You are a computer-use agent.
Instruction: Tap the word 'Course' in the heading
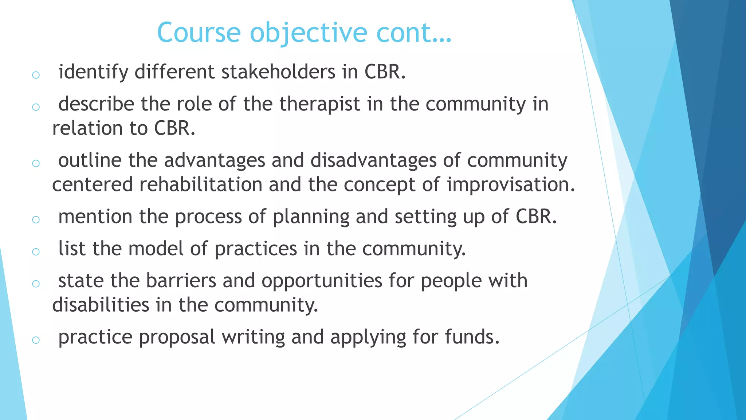(x=199, y=33)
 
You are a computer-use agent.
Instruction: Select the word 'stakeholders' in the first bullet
(x=278, y=71)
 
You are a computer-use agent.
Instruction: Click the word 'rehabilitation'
(x=201, y=184)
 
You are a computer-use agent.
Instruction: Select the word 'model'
(x=156, y=249)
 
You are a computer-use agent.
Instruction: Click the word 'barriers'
(x=181, y=281)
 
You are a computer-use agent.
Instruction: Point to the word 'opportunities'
(x=322, y=281)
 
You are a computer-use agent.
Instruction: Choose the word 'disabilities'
(x=101, y=305)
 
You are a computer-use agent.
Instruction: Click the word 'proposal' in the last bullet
(x=177, y=337)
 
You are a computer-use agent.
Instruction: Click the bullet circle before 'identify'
(x=36, y=75)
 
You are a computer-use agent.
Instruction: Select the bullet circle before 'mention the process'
(x=36, y=219)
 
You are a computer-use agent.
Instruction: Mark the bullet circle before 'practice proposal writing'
(x=36, y=340)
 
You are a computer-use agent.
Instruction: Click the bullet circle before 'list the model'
(x=36, y=252)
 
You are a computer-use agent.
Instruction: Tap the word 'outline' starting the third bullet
(x=90, y=160)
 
